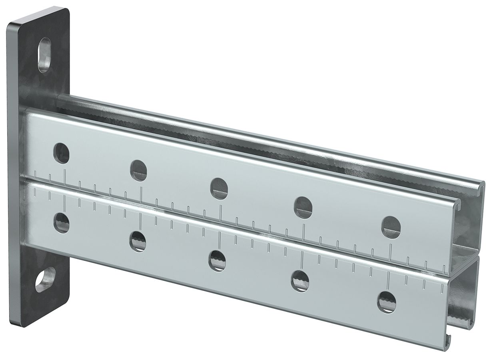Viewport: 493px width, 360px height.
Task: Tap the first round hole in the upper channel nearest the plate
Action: pyautogui.click(x=62, y=153)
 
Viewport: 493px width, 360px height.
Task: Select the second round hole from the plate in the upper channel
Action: pyautogui.click(x=138, y=170)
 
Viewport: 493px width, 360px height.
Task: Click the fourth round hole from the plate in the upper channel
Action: pyautogui.click(x=303, y=206)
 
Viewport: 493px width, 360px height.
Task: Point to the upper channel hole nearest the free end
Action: pyautogui.click(x=391, y=226)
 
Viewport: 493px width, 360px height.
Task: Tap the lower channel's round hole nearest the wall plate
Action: pyautogui.click(x=62, y=222)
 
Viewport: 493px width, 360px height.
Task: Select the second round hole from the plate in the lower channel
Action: pyautogui.click(x=138, y=241)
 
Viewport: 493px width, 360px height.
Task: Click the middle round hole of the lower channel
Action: pyautogui.click(x=217, y=260)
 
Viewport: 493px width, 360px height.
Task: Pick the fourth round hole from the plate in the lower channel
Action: pyautogui.click(x=300, y=280)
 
